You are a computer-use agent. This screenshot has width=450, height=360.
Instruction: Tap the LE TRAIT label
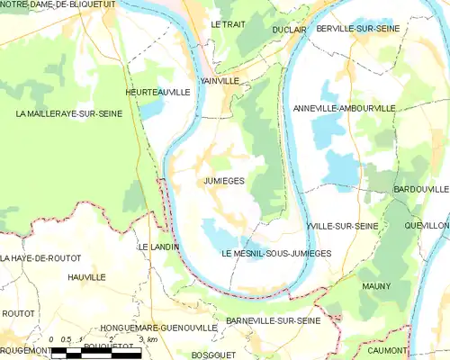[227, 24]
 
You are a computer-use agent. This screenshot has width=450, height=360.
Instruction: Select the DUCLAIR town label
[289, 30]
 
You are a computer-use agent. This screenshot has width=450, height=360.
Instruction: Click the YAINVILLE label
[220, 80]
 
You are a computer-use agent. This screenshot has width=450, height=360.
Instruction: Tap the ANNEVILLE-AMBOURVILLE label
[344, 108]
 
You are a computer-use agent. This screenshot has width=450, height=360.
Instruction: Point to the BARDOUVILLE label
[420, 190]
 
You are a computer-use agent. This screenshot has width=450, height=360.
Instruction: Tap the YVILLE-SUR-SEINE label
[341, 226]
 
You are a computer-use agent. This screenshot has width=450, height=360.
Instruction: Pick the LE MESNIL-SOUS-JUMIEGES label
[276, 254]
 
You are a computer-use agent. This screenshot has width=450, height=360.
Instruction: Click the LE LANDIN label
[157, 247]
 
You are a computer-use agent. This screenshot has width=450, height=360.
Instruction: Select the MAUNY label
[375, 285]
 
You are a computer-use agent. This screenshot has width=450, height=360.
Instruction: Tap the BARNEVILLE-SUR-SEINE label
[273, 320]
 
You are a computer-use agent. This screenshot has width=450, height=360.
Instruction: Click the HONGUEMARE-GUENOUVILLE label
[157, 328]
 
